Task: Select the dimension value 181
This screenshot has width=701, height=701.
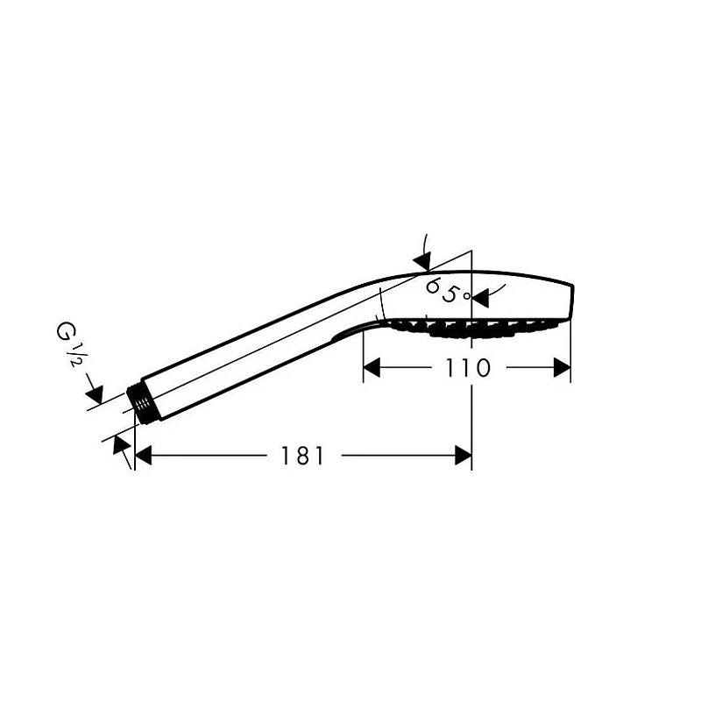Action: pos(303,456)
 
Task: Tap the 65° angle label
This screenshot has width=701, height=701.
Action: pos(446,291)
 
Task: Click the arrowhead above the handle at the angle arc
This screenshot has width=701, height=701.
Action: pos(422,260)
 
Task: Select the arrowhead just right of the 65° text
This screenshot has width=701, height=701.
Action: pos(479,298)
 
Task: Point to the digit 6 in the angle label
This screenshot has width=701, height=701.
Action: pos(432,287)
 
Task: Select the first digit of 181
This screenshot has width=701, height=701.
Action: pos(287,456)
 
